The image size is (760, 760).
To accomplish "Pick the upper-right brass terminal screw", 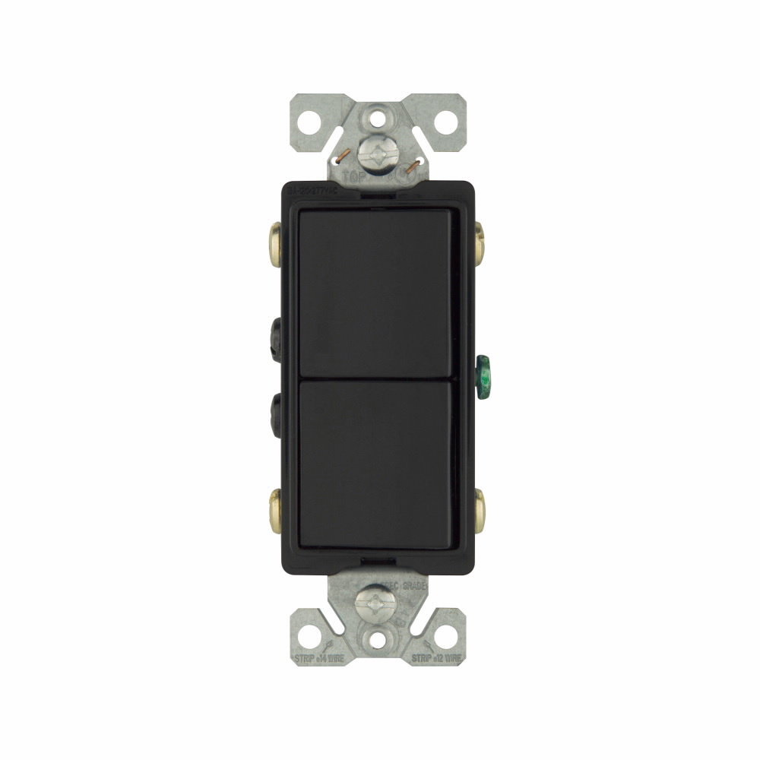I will (x=480, y=239).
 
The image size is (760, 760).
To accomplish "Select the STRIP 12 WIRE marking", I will (x=438, y=657).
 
